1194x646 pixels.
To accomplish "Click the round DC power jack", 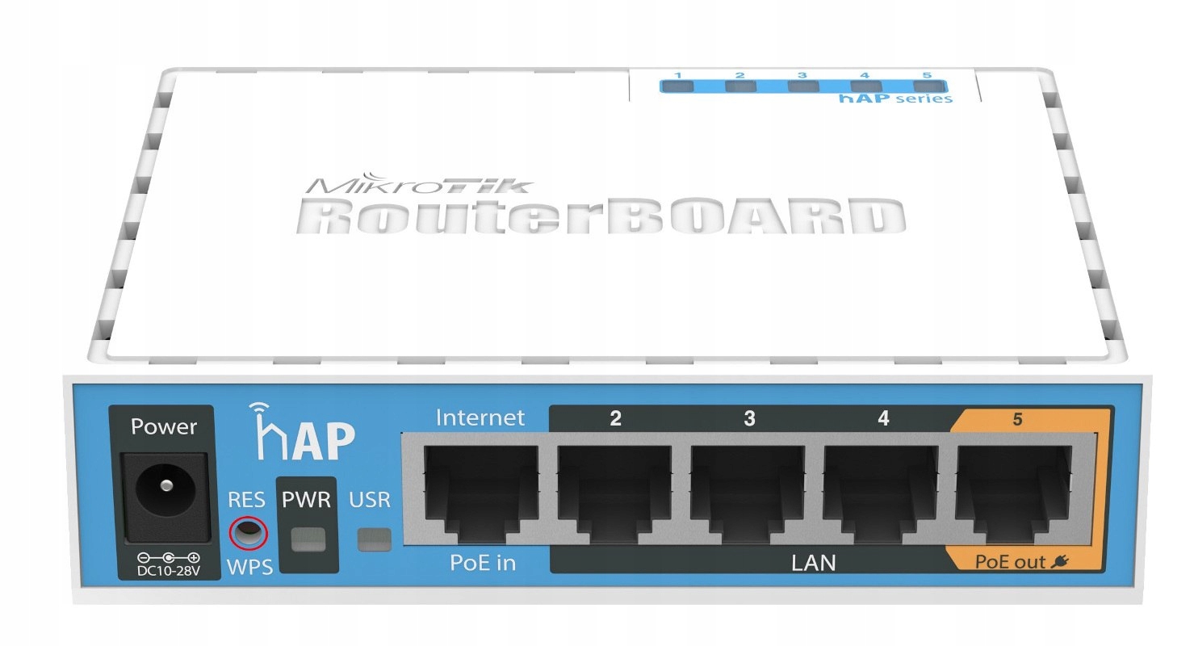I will [165, 486].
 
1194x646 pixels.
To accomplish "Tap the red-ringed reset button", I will [247, 533].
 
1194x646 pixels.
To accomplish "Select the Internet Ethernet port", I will [481, 493].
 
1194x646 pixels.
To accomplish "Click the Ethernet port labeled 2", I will [615, 493].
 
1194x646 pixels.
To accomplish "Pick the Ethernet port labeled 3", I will [748, 493].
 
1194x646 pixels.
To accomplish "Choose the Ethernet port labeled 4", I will [882, 493].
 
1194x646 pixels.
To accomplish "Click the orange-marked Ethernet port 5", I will [1015, 493].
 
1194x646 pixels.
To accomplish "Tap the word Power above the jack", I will [164, 426].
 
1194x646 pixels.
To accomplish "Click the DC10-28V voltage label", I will [168, 571].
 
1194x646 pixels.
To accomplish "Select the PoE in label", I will [482, 563].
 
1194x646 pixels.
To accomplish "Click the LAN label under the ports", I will [812, 562].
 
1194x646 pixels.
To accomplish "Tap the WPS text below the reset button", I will [250, 566].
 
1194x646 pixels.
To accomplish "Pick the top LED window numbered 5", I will [927, 86].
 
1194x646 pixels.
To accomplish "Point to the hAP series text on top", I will [895, 99].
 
